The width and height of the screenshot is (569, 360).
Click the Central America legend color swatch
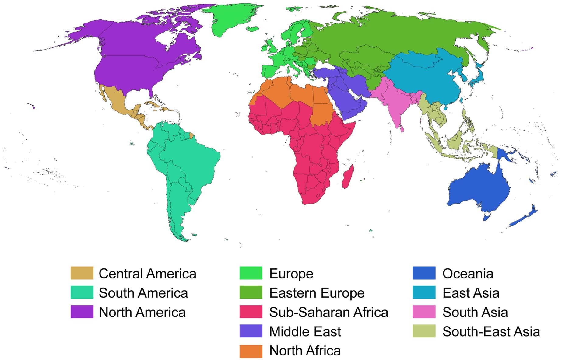click(82, 273)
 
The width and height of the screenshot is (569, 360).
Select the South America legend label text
click(143, 293)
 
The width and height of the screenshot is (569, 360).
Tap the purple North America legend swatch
click(82, 312)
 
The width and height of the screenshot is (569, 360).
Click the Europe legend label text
click(291, 274)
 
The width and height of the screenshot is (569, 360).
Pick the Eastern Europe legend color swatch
click(251, 292)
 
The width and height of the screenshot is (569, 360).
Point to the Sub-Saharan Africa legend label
click(328, 312)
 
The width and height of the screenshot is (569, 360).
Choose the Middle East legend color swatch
click(251, 331)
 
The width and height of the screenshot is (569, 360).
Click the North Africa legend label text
click(305, 351)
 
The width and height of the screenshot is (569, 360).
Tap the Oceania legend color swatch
click(424, 273)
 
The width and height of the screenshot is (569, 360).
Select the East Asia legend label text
click(471, 293)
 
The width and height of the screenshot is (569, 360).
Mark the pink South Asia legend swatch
click(424, 312)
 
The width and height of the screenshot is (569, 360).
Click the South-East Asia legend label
click(491, 331)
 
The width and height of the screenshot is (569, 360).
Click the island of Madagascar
click(347, 177)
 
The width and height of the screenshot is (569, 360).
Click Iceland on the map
click(252, 29)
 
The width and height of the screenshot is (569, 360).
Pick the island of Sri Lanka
click(402, 129)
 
